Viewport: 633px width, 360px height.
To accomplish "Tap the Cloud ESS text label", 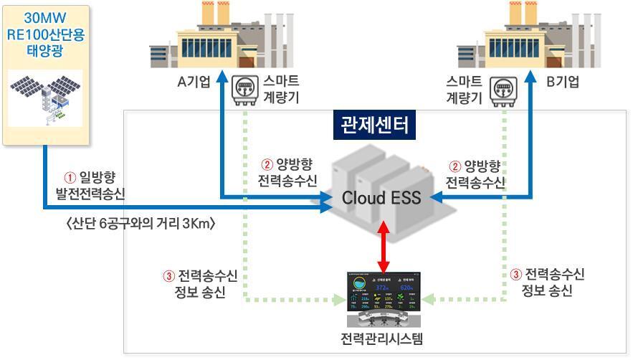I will (377, 198).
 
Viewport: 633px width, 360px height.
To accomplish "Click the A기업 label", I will (194, 82).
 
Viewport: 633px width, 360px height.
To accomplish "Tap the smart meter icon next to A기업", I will (244, 90).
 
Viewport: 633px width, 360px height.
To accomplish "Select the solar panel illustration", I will (44, 101).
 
